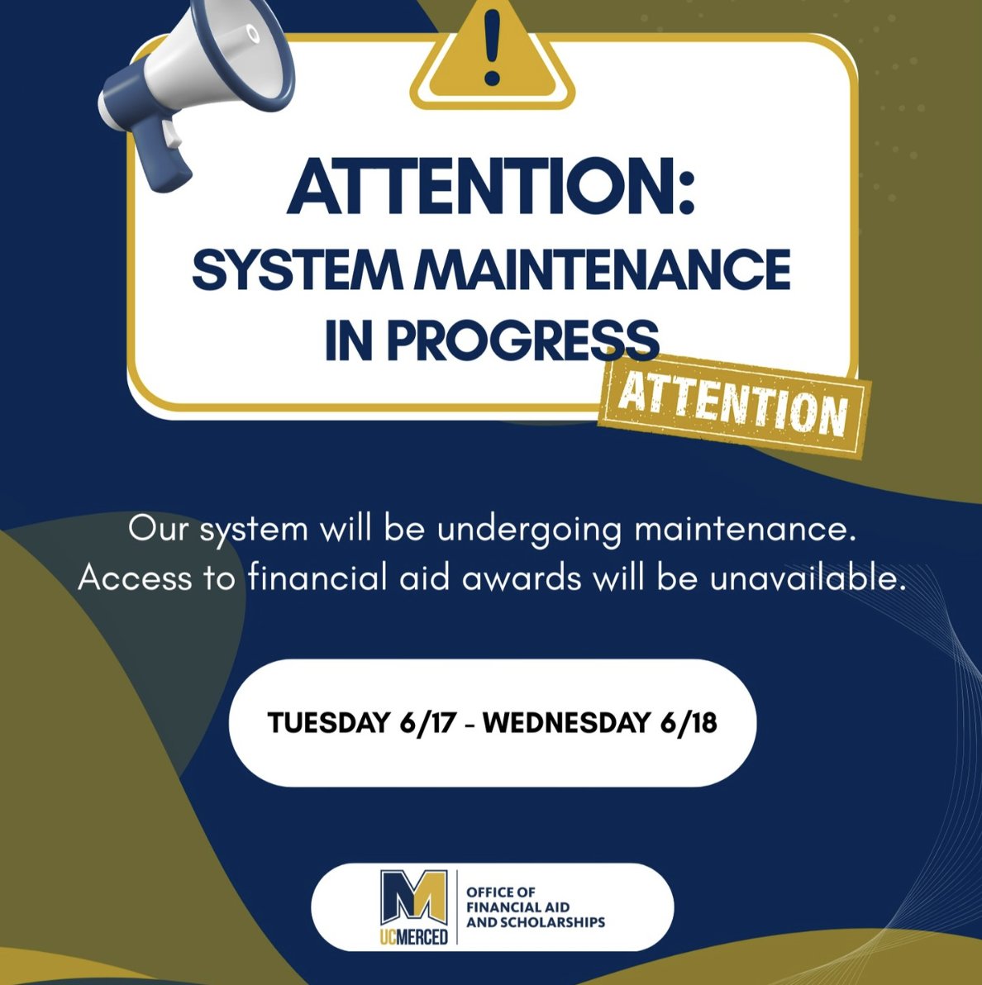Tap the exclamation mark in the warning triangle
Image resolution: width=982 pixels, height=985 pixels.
pyautogui.click(x=493, y=50)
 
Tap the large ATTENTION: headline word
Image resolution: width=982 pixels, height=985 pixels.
pyautogui.click(x=492, y=188)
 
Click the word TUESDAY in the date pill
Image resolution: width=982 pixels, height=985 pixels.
pyautogui.click(x=328, y=723)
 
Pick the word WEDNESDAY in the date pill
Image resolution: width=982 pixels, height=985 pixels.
pyautogui.click(x=566, y=723)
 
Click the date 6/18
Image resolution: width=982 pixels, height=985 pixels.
pyautogui.click(x=689, y=723)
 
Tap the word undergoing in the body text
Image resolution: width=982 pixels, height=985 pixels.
pyautogui.click(x=529, y=530)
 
